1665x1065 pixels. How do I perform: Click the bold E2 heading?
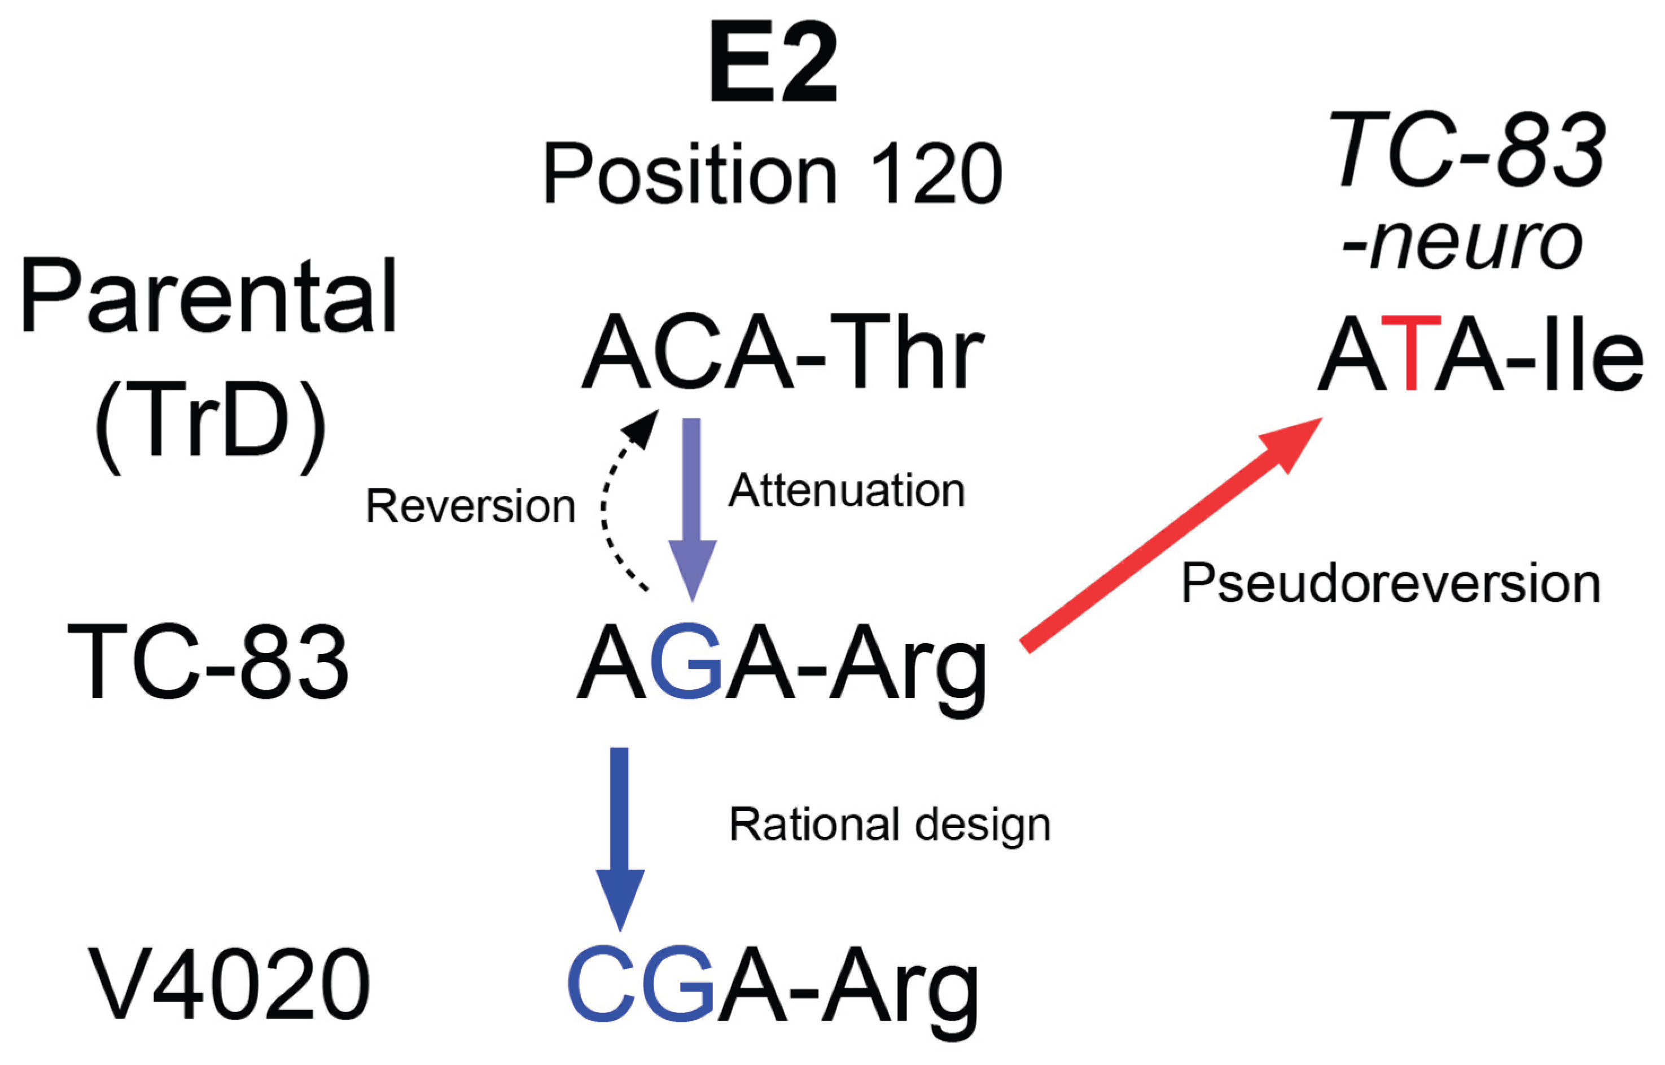point(773,64)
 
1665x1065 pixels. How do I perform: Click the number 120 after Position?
point(935,174)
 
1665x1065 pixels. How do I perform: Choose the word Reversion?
point(470,506)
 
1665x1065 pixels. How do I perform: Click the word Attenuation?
point(847,491)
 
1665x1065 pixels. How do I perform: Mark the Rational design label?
point(890,825)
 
